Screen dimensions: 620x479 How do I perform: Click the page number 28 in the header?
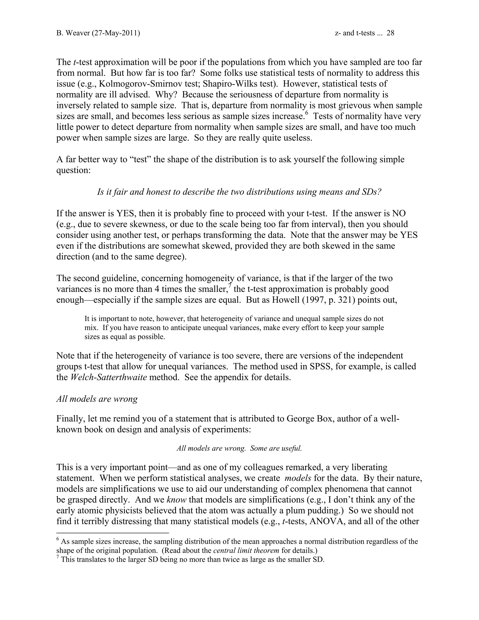tap(390, 33)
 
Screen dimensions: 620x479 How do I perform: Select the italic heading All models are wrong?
tap(97, 399)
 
